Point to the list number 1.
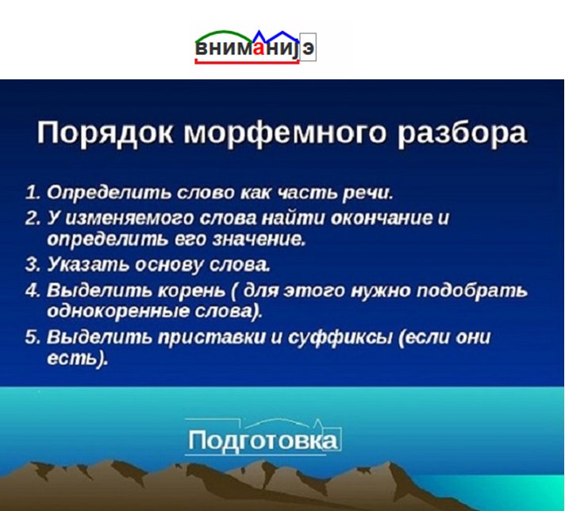click(32, 193)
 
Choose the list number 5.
click(32, 336)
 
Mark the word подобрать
click(477, 290)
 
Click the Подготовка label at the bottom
click(263, 440)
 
